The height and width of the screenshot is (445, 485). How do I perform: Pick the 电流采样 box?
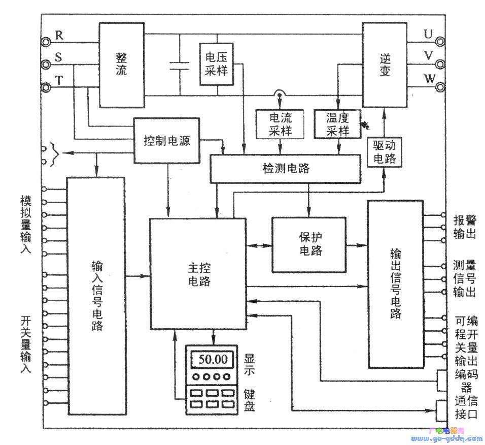click(280, 123)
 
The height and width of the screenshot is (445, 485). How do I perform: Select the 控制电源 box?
click(166, 141)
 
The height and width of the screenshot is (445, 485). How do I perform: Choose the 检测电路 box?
click(285, 169)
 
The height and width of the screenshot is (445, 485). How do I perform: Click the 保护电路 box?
click(309, 244)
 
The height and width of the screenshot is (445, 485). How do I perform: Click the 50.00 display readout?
click(214, 359)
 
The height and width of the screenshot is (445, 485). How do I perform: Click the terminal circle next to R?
click(47, 42)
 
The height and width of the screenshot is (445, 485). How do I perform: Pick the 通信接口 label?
click(466, 407)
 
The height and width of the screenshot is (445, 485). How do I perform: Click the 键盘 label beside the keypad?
click(249, 400)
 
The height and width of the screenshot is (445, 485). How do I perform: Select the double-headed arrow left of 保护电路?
click(259, 245)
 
